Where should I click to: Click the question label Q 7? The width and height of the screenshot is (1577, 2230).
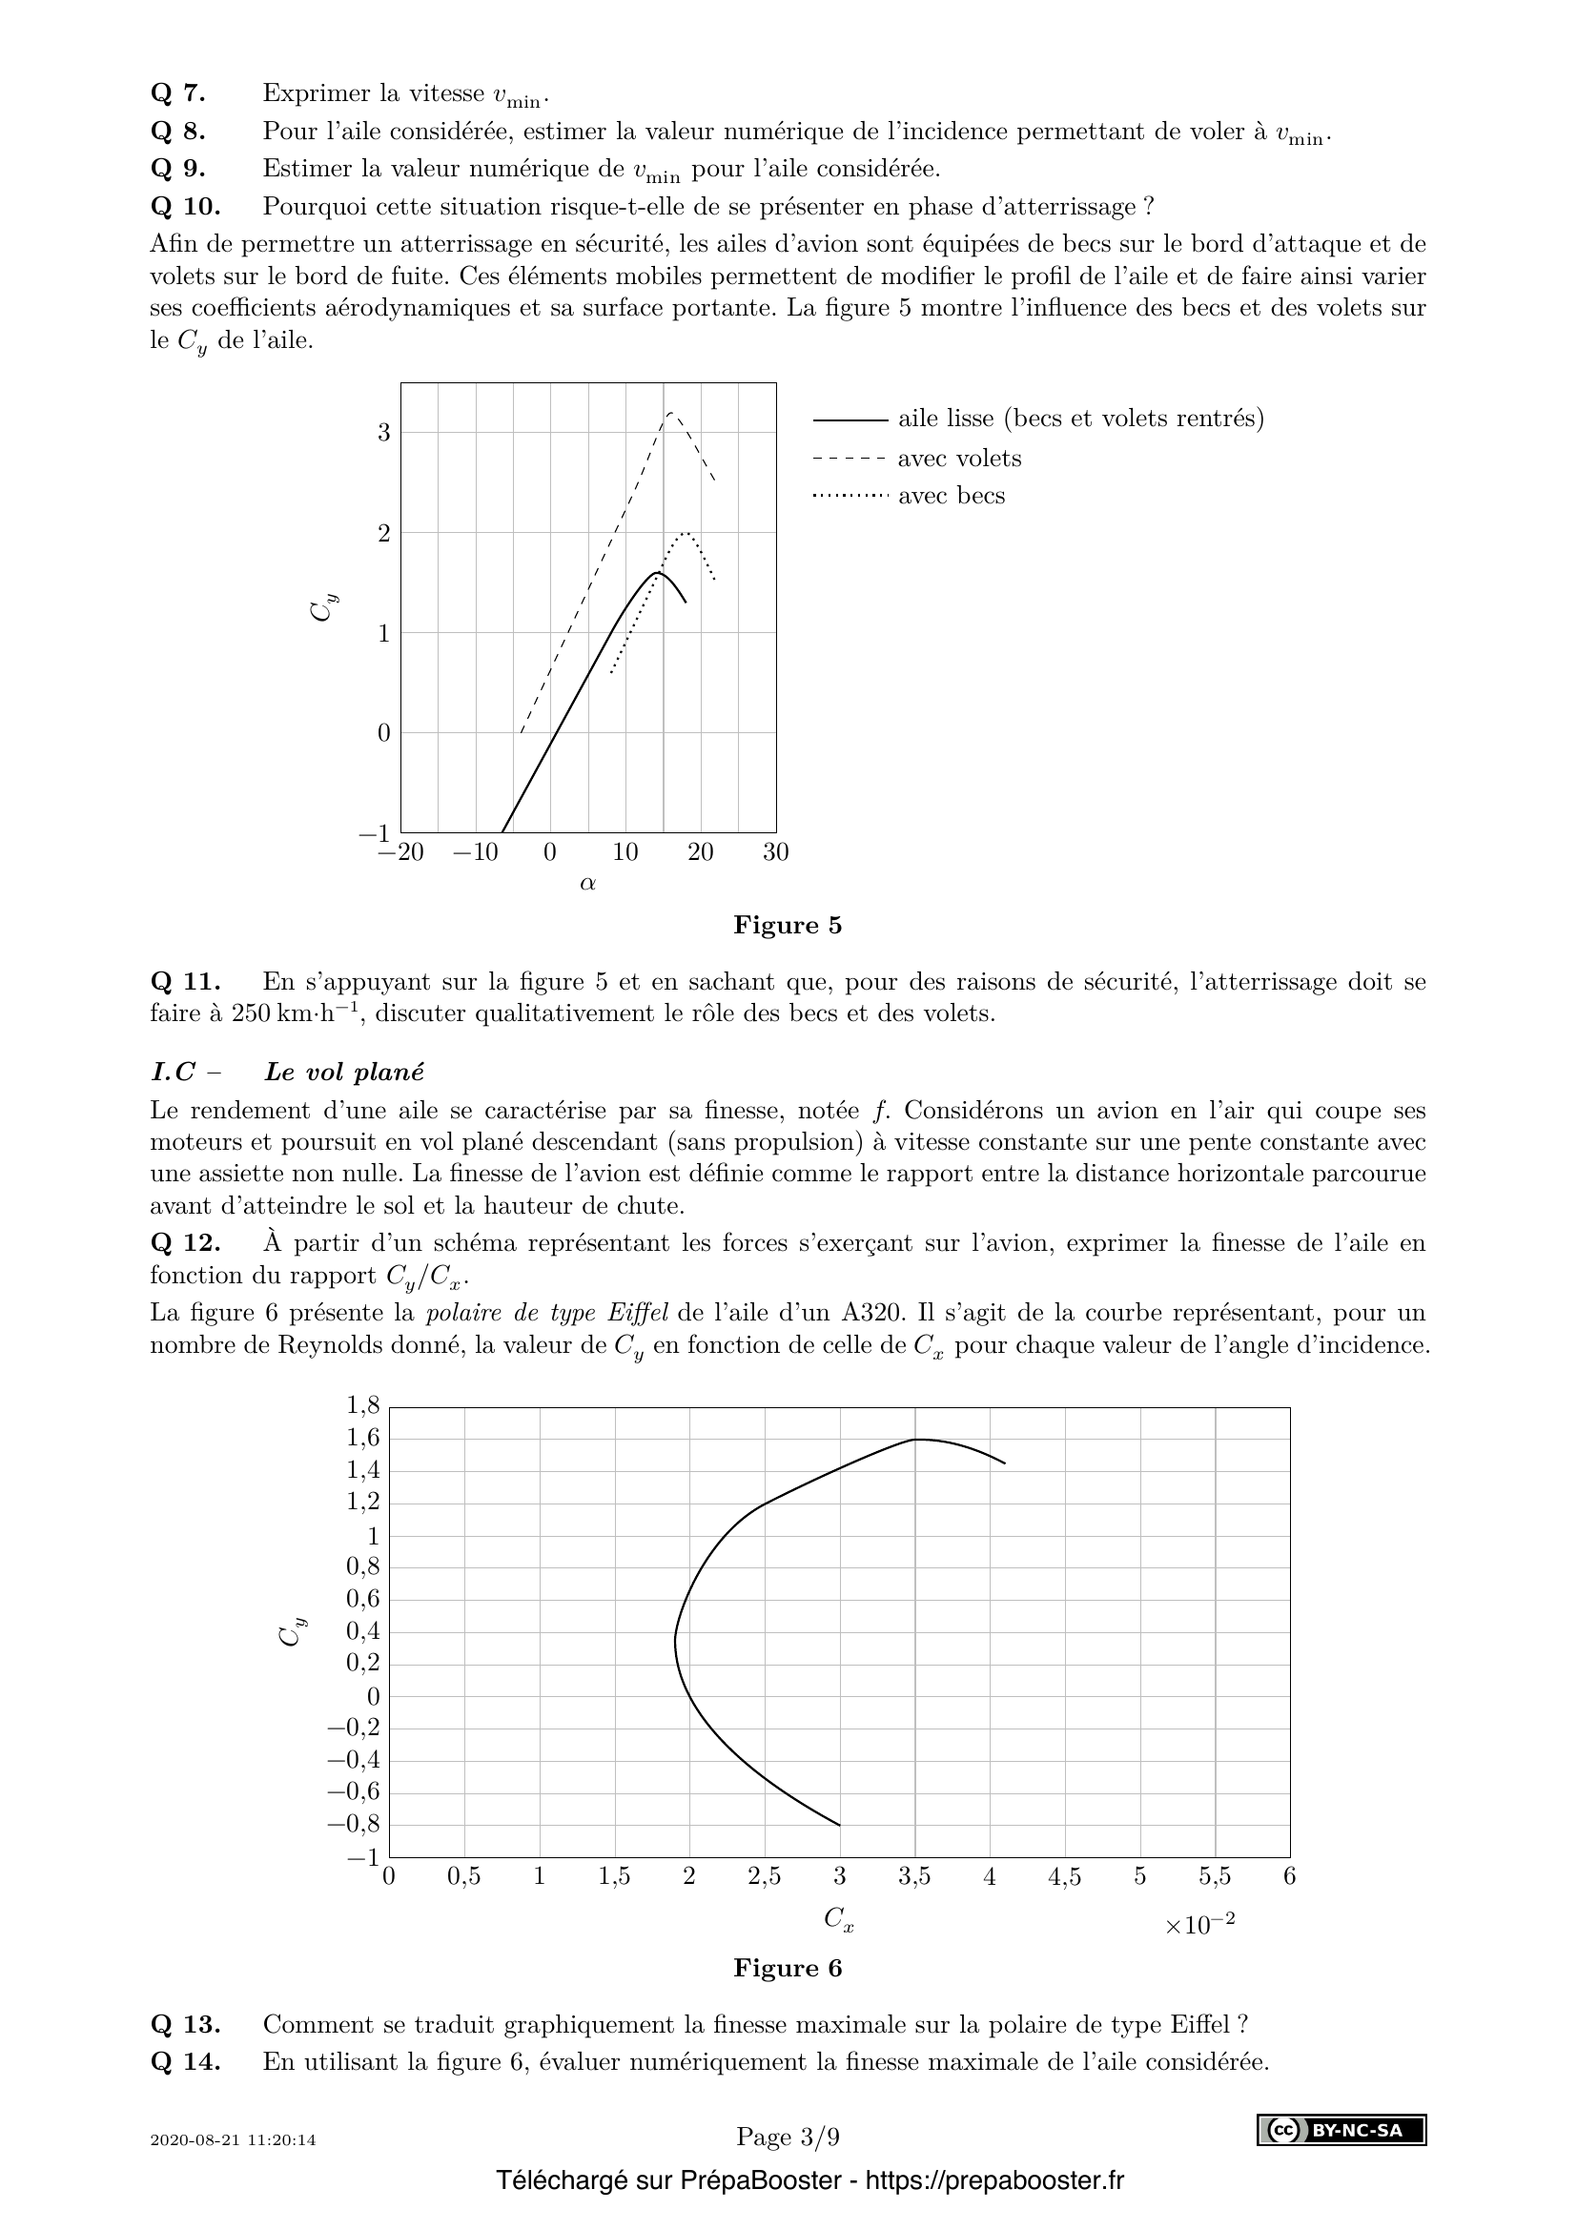[177, 93]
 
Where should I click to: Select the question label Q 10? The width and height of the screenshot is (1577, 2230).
[186, 207]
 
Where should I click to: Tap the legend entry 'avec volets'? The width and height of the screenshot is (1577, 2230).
[958, 459]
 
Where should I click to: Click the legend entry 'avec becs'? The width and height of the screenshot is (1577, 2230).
[951, 496]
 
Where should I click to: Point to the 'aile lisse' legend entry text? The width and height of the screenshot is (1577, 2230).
[1080, 419]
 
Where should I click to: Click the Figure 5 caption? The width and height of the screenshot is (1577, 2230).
[788, 925]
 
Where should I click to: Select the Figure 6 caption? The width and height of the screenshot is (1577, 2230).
[788, 1968]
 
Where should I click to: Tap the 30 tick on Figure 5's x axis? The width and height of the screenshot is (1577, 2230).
[775, 852]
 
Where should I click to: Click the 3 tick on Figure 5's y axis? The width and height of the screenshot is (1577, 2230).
[384, 432]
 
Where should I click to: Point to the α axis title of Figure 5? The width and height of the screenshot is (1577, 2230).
[587, 883]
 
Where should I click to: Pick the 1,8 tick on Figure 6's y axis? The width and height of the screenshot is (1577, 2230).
[363, 1405]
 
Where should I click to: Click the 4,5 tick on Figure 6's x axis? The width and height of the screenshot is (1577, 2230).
[1064, 1876]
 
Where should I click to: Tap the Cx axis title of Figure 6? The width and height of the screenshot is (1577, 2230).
[838, 1918]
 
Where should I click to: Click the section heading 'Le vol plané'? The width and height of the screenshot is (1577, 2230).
[344, 1073]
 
